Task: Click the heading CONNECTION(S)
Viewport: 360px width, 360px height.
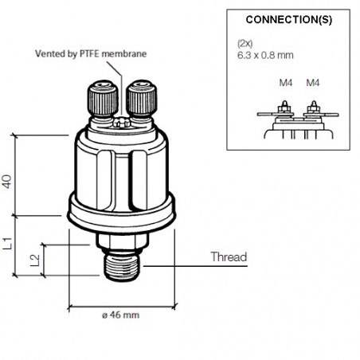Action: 288,18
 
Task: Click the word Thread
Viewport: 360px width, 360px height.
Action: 228,257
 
